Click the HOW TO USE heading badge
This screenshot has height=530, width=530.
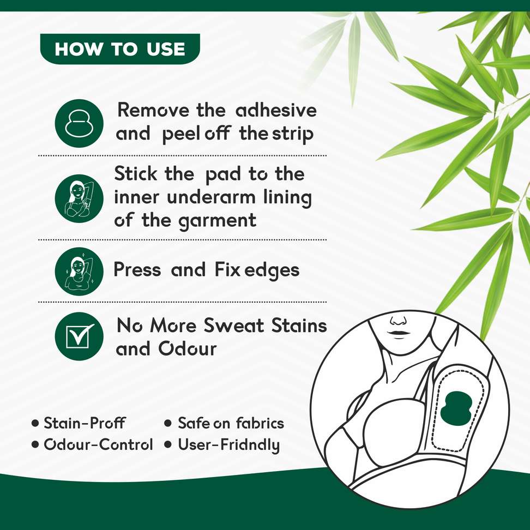pos(120,49)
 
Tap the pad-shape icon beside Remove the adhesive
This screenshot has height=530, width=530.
pos(79,123)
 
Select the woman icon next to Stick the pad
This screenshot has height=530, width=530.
pos(79,198)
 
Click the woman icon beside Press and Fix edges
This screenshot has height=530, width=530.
pos(79,272)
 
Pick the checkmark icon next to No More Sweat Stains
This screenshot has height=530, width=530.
pos(79,336)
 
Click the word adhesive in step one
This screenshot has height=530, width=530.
pos(276,110)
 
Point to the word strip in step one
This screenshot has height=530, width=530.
pos(293,135)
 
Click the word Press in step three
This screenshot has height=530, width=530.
pos(137,270)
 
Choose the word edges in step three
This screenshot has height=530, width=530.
pos(272,271)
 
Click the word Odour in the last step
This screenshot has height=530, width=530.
pos(188,349)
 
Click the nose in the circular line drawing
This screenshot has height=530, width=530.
pos(397,320)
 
